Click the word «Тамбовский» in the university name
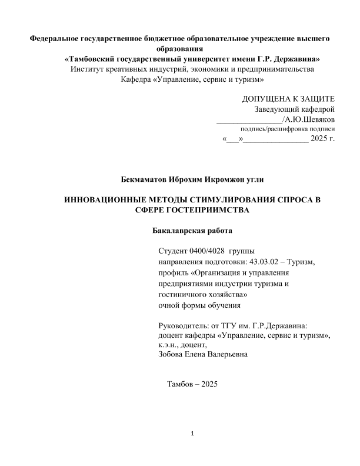[x=91, y=59]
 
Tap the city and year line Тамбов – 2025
[x=192, y=384]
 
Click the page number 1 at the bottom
[x=193, y=435]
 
